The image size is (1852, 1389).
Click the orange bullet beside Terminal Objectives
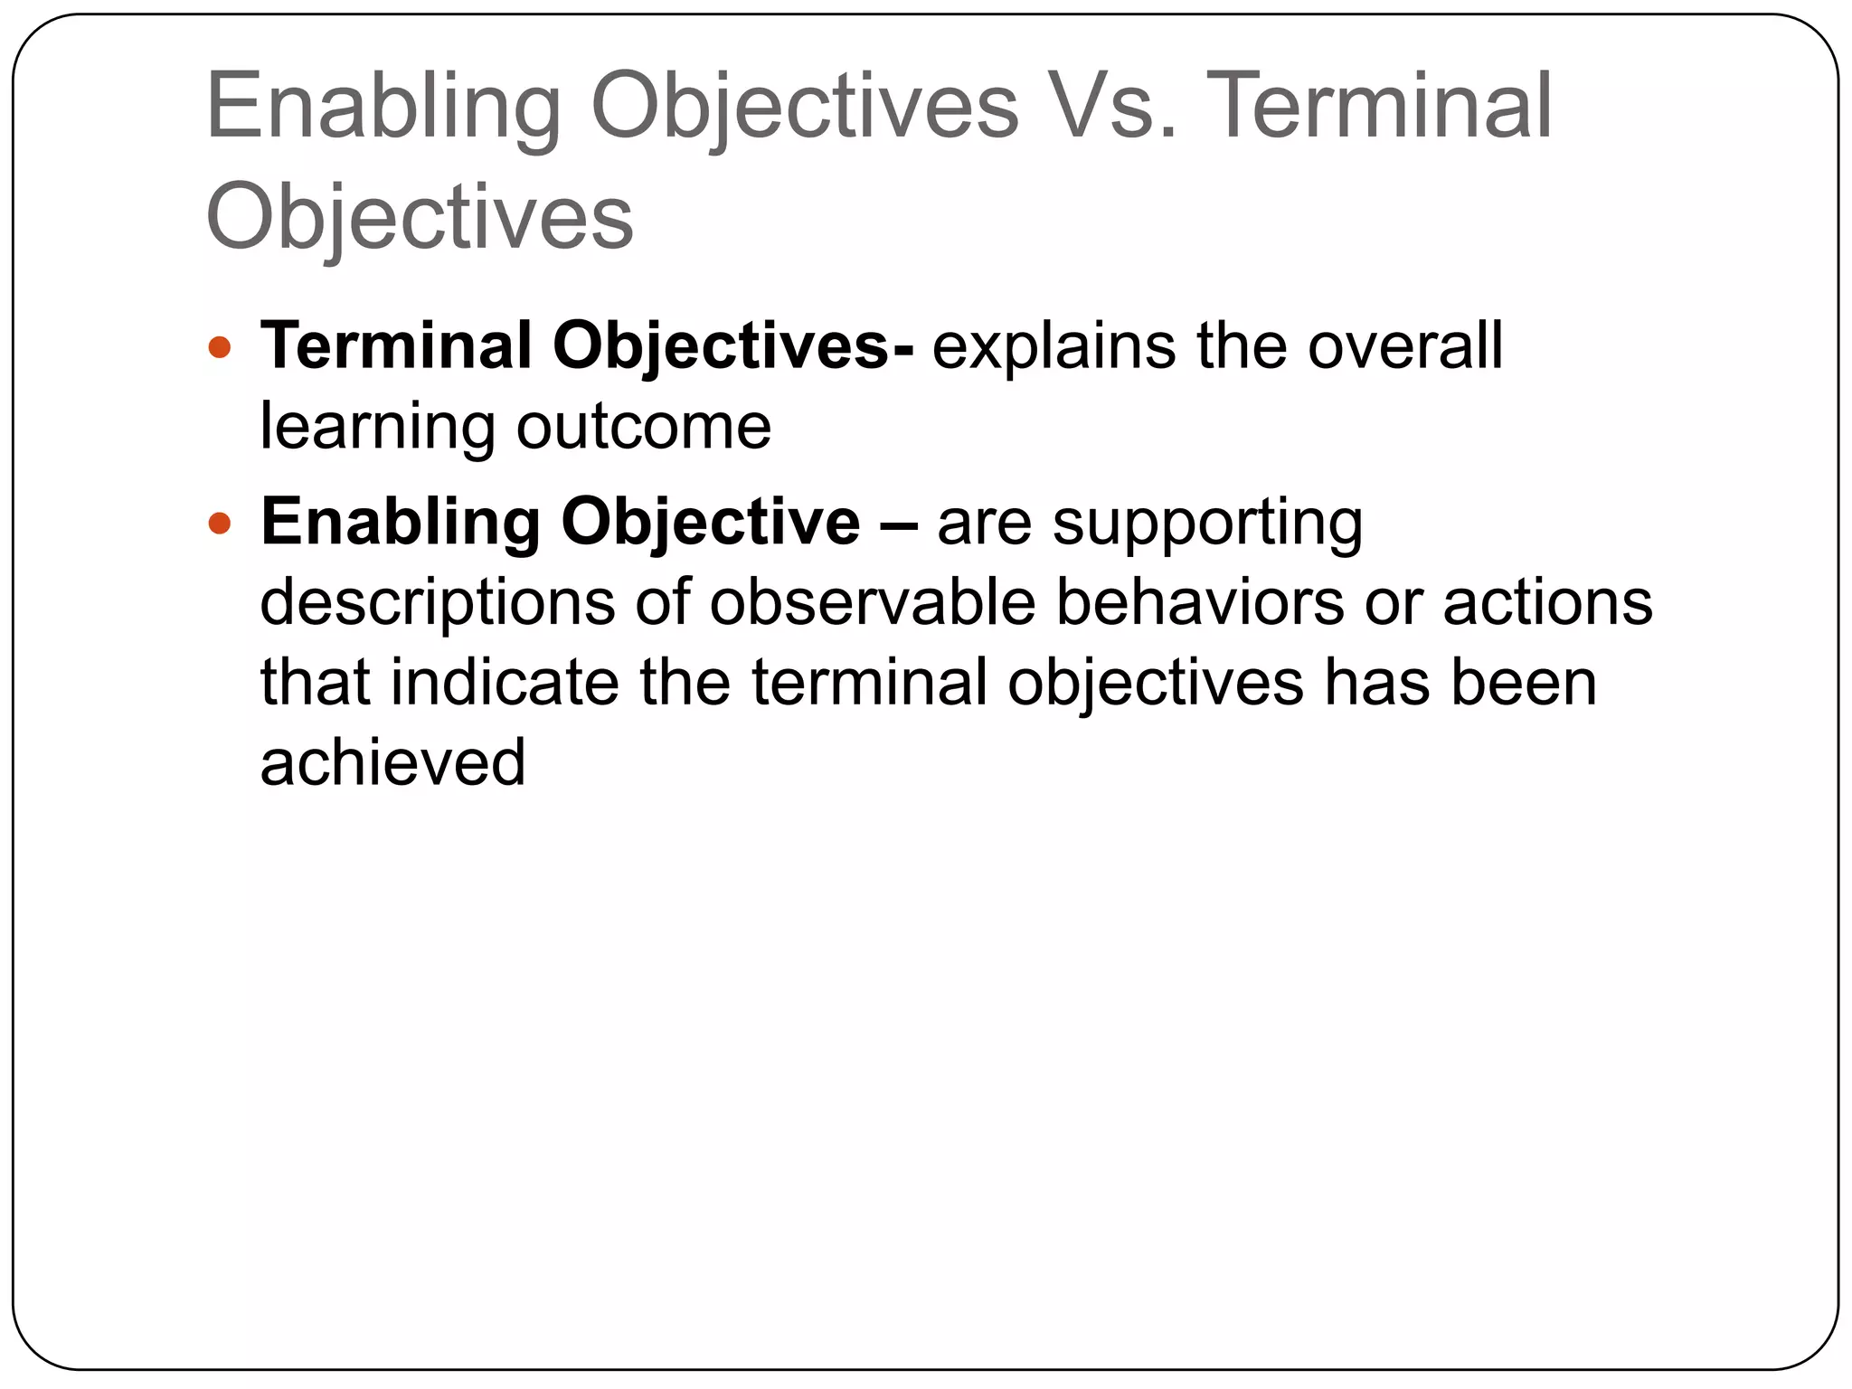click(x=220, y=347)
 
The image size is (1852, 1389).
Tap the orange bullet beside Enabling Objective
click(x=220, y=523)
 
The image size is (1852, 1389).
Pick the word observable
click(x=872, y=602)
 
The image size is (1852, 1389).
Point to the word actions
click(x=1547, y=604)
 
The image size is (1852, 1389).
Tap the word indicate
click(x=505, y=682)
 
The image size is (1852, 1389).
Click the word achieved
click(x=392, y=763)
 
